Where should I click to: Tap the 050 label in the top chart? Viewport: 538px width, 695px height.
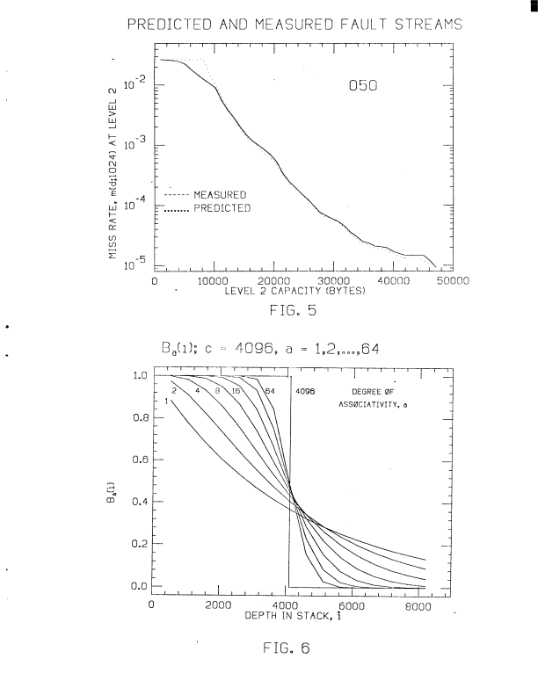coord(363,91)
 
